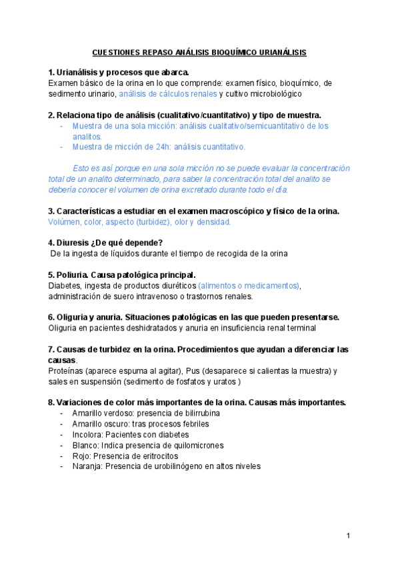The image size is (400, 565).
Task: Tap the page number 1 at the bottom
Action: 348,536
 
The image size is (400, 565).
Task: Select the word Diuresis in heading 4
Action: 75,243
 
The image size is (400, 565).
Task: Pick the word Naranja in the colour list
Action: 87,466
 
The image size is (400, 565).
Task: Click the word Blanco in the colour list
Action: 85,445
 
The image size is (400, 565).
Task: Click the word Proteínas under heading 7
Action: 67,370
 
